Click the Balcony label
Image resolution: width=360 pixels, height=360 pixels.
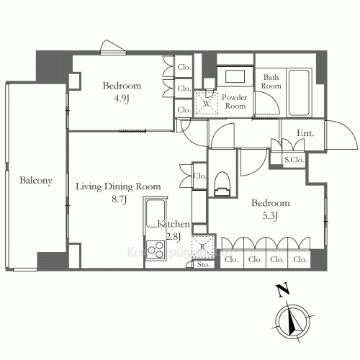point(36,181)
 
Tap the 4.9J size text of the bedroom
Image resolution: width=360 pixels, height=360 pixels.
point(121,99)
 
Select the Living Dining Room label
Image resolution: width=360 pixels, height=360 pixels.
point(118,186)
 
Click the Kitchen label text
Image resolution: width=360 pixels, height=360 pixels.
point(174,224)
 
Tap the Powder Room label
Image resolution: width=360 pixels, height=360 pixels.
point(234,101)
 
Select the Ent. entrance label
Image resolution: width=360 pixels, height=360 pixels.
point(305,134)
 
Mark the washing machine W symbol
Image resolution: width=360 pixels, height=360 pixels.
point(207,102)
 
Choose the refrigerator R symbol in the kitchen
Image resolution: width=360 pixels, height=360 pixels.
point(203,247)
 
